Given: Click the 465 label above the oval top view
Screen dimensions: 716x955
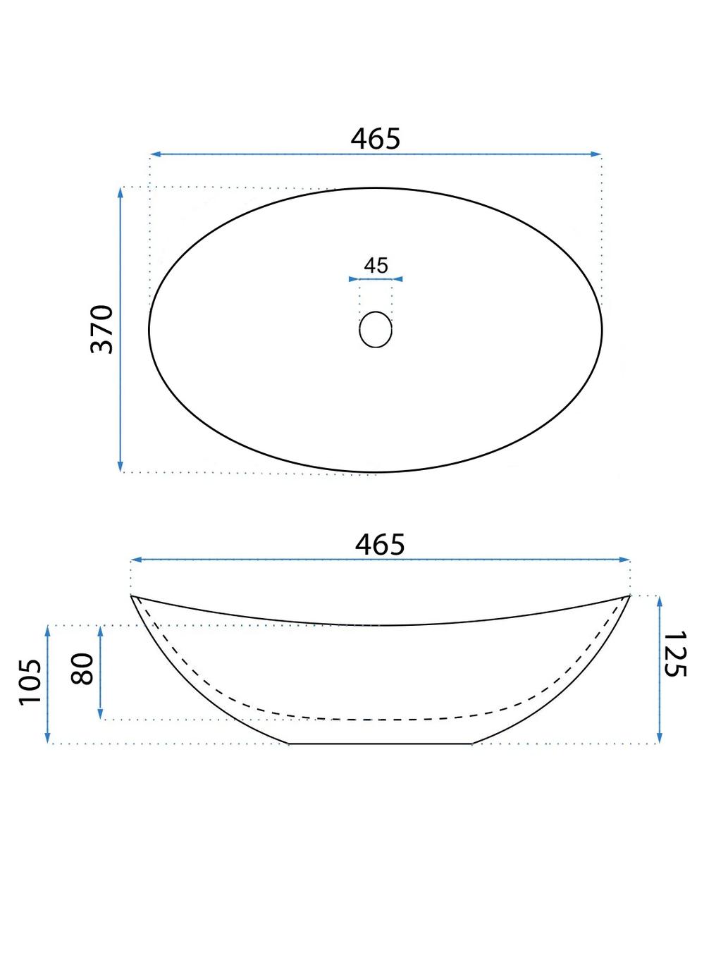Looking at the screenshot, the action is click(375, 139).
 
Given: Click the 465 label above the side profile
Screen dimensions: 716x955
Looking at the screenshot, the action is click(380, 544).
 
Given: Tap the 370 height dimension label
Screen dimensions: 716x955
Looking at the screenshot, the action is click(101, 329).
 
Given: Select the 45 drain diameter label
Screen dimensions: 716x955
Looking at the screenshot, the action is click(376, 266).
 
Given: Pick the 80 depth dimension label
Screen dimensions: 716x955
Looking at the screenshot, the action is click(82, 669).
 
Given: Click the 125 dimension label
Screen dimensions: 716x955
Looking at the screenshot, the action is click(674, 653).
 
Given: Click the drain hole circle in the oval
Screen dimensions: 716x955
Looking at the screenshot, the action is click(376, 329).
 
